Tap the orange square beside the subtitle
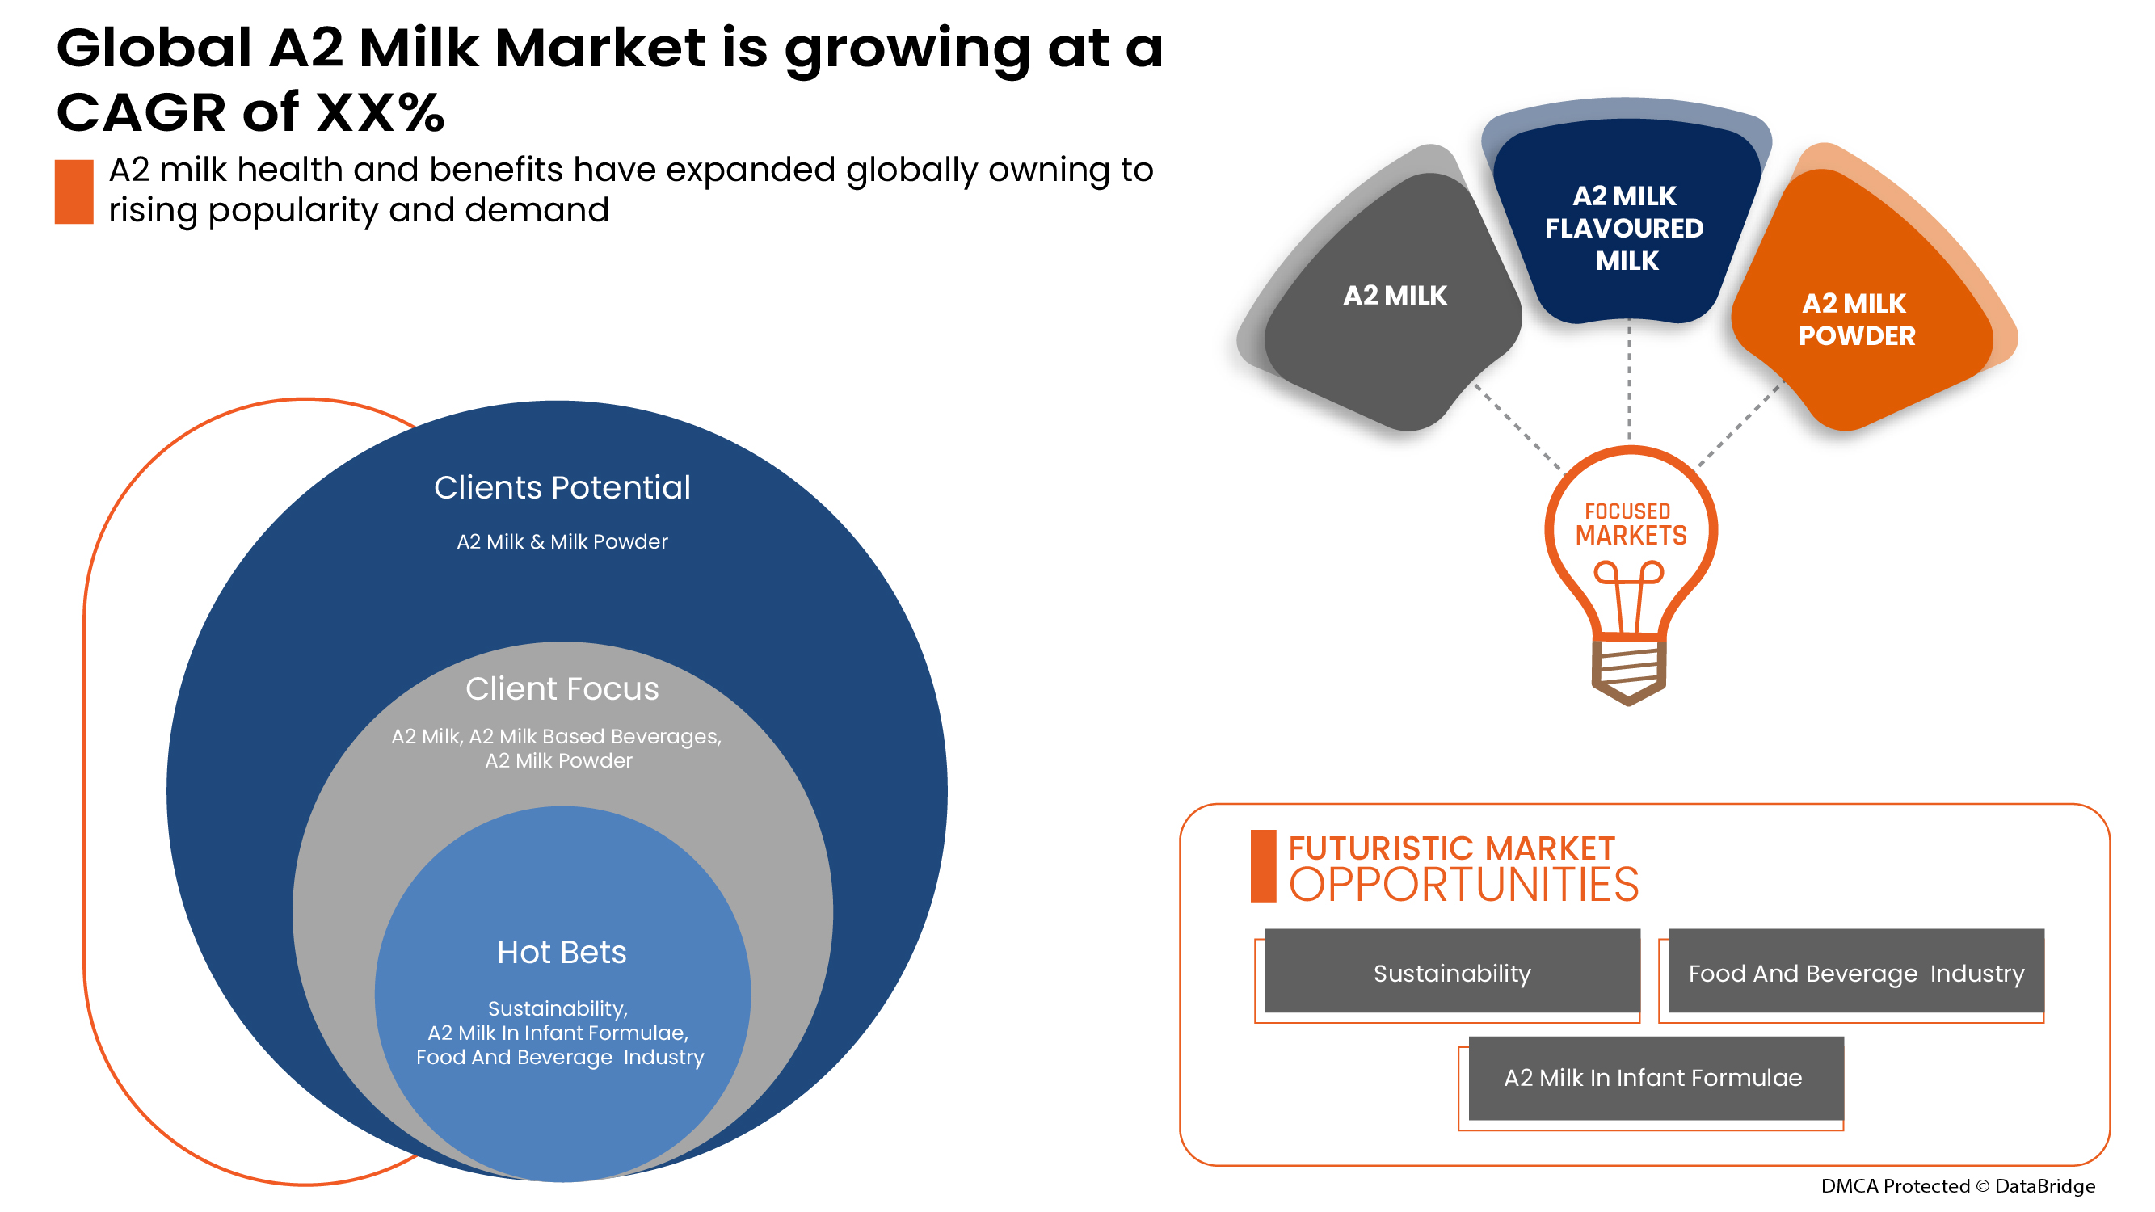click(74, 191)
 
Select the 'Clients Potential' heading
click(562, 488)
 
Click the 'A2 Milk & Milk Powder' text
click(562, 542)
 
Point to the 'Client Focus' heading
click(562, 689)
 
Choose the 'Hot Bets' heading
click(562, 953)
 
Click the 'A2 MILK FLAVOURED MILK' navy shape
click(1627, 221)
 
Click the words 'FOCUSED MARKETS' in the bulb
click(1631, 524)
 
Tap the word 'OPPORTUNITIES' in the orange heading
click(1464, 886)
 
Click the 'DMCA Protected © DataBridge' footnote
click(1958, 1186)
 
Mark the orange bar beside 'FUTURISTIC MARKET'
click(1263, 866)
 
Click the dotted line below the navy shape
click(1629, 381)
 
